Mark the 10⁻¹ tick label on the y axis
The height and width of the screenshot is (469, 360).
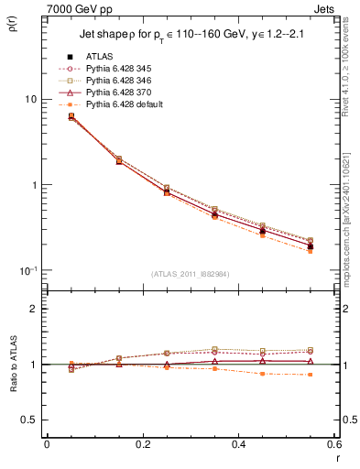click(x=28, y=271)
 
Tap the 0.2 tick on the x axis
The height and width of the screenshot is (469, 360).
click(x=142, y=445)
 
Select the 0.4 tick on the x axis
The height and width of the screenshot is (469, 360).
click(x=238, y=445)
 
